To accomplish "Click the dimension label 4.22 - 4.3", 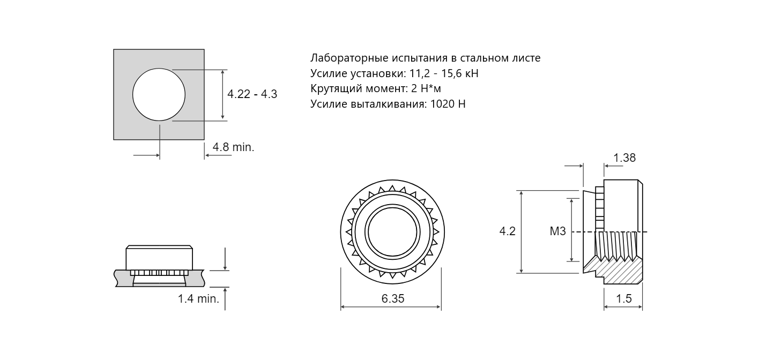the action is [252, 94].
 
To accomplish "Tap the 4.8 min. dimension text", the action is [234, 147].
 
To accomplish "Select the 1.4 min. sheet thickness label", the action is [198, 298].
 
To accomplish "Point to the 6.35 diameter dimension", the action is [393, 298].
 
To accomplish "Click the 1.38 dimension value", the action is [624, 158].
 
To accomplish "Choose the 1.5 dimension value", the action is [624, 298].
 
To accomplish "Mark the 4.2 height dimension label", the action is [507, 231].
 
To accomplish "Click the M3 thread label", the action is [558, 231].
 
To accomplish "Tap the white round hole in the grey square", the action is [159, 94].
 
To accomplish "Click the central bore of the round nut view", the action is [392, 232].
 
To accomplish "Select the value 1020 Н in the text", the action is [448, 103].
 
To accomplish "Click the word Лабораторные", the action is [349, 58].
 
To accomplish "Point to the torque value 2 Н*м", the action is [426, 88].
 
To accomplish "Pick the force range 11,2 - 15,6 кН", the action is [444, 73].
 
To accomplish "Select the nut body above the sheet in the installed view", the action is [159, 258].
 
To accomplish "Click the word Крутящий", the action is [337, 89].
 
